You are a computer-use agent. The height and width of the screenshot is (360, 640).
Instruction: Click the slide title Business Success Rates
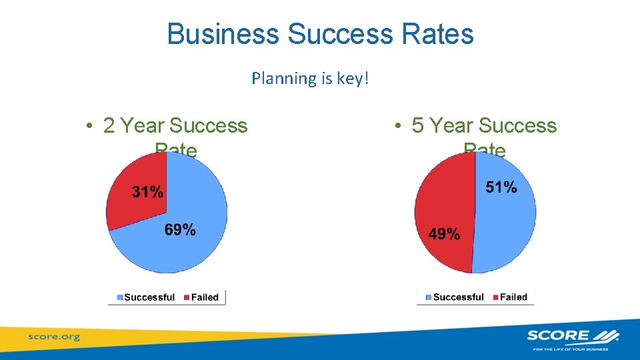320,34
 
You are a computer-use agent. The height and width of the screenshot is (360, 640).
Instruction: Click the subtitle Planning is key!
310,79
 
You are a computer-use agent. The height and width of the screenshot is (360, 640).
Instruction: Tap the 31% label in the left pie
147,192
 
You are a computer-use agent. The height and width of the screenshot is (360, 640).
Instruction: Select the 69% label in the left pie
180,230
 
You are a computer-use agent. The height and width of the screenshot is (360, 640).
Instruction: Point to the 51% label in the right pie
501,187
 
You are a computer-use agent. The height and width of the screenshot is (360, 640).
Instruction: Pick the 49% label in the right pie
444,234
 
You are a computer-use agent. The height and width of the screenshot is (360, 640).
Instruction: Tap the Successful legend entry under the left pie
146,297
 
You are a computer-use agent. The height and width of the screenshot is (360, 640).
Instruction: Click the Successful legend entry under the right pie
455,297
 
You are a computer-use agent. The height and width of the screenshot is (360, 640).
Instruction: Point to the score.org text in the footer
53,337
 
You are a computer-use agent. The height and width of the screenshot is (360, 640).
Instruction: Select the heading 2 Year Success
175,125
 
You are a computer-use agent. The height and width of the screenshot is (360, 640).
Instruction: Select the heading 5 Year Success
484,125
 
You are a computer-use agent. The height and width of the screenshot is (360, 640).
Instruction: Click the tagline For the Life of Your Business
572,349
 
